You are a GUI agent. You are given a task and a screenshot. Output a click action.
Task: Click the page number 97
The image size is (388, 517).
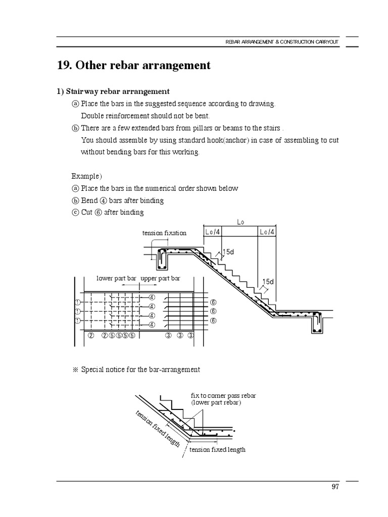pyautogui.click(x=335, y=487)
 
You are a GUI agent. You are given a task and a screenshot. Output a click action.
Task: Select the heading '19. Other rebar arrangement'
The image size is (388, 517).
pyautogui.click(x=133, y=66)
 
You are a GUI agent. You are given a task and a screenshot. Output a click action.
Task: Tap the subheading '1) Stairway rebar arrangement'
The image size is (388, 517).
pyautogui.click(x=113, y=91)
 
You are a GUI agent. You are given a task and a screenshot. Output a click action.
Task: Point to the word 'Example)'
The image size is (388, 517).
pyautogui.click(x=86, y=176)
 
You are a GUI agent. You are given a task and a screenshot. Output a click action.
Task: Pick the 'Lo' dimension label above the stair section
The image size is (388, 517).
pyautogui.click(x=239, y=221)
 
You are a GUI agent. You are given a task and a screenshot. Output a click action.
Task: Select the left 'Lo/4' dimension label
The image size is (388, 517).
pyautogui.click(x=213, y=232)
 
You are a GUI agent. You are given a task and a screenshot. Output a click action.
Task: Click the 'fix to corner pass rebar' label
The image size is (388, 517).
pyautogui.click(x=223, y=395)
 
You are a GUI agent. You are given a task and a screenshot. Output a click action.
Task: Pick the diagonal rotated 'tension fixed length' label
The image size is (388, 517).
pyautogui.click(x=158, y=429)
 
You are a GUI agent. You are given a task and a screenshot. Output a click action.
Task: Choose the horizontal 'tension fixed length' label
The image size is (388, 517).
pyautogui.click(x=217, y=449)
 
